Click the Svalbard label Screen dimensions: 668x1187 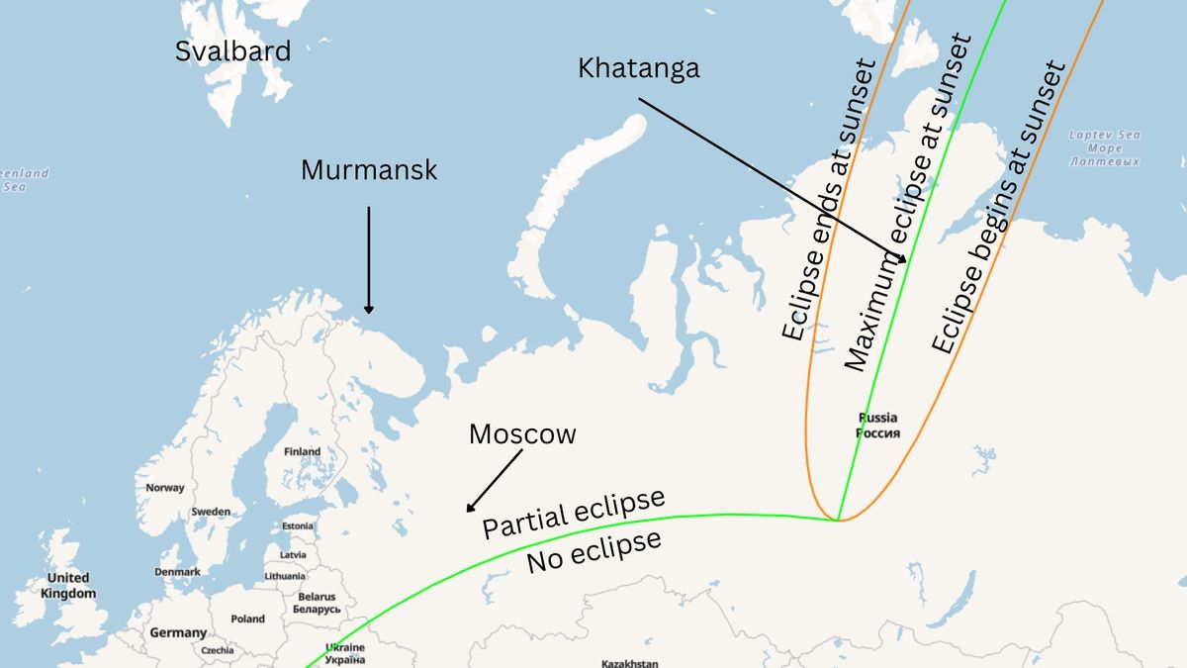tap(233, 51)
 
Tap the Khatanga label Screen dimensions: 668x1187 tap(638, 67)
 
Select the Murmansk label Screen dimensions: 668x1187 tap(369, 170)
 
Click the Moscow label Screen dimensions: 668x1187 tap(522, 433)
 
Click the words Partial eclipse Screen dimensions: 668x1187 tap(573, 514)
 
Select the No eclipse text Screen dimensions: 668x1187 tap(593, 551)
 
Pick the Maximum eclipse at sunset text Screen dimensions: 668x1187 tap(908, 204)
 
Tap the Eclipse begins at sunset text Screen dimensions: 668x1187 tap(999, 208)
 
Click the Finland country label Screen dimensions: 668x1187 tap(302, 451)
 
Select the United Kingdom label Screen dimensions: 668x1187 tap(68, 585)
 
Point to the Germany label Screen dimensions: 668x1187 tap(178, 632)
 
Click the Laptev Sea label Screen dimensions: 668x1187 tap(1104, 147)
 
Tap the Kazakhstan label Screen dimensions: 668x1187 tap(629, 662)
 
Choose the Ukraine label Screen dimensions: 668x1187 tap(344, 653)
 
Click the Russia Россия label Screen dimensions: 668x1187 tap(877, 426)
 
